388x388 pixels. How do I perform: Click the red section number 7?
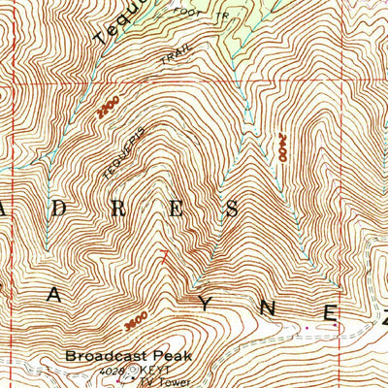[x=164, y=258]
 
